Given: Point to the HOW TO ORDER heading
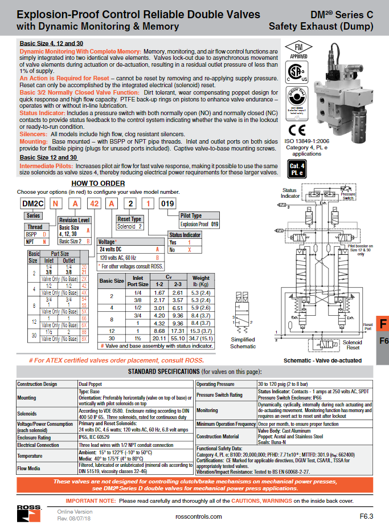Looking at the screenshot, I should point(97,183).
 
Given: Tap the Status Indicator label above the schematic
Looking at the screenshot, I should point(290,193).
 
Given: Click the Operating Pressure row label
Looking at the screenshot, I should point(215,384).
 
